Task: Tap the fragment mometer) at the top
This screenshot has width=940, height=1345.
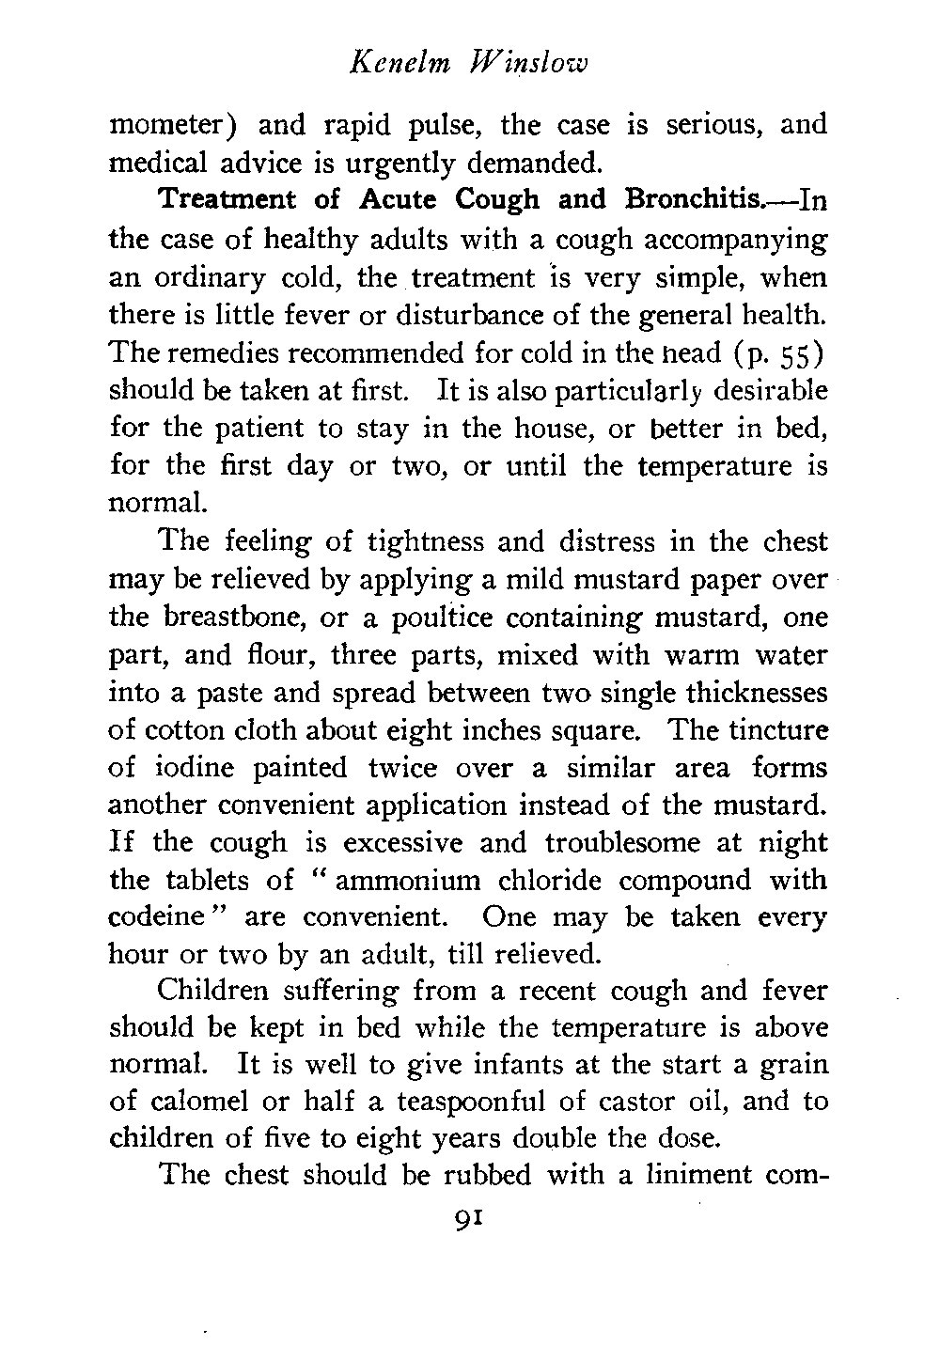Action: (176, 125)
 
